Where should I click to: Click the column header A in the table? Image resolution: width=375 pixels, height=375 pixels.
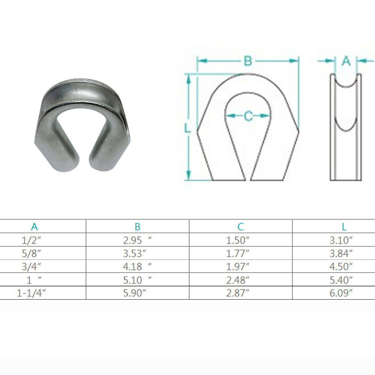click(34, 226)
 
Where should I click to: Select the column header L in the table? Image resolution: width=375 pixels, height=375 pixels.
click(344, 226)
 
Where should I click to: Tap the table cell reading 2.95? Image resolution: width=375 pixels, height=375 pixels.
click(137, 240)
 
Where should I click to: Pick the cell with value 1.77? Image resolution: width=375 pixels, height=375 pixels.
click(237, 253)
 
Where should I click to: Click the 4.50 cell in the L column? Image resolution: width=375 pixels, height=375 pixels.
click(341, 267)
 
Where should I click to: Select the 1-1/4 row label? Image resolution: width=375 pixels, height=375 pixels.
click(31, 293)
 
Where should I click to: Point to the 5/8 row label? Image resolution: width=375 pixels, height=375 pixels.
click(31, 253)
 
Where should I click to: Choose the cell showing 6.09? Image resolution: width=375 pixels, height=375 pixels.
click(341, 293)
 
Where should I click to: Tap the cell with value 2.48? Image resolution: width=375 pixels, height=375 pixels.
click(237, 280)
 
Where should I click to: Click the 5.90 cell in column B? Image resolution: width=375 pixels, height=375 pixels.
click(134, 293)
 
